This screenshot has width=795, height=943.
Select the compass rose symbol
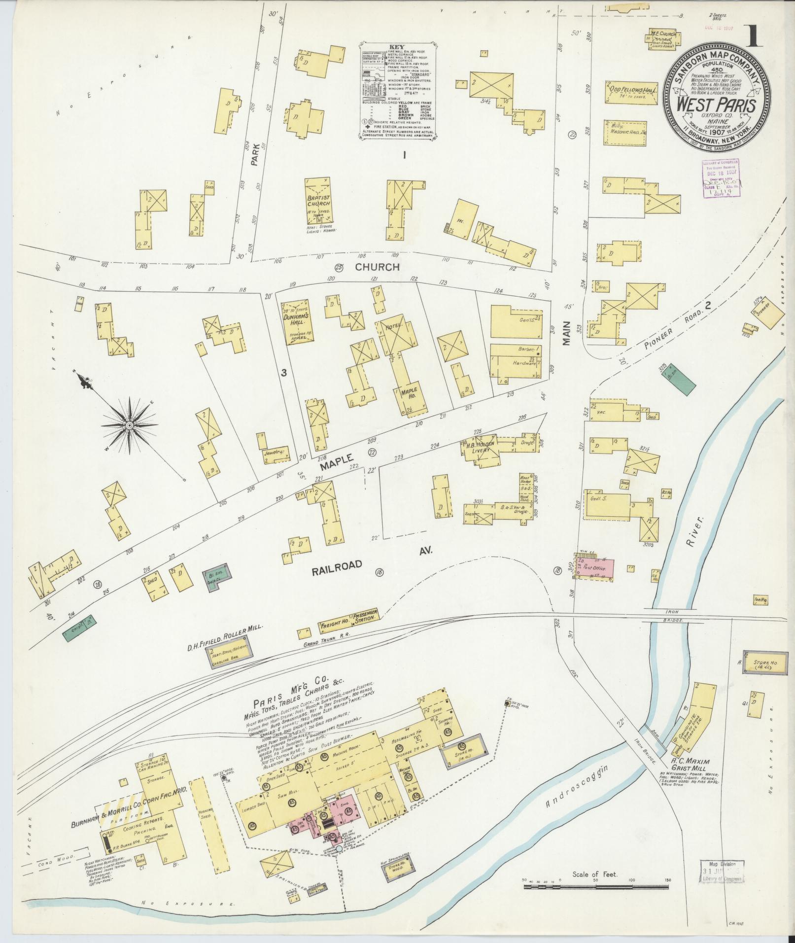click(x=129, y=425)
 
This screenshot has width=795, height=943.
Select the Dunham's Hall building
click(x=298, y=319)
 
